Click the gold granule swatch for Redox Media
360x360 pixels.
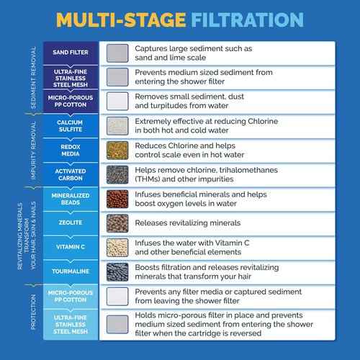point(117,150)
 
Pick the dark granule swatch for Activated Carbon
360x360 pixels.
point(117,174)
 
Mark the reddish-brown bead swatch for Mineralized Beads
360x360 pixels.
point(117,199)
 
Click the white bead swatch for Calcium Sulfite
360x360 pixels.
point(117,126)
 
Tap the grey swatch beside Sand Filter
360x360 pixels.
point(117,53)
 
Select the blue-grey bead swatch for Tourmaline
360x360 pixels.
point(117,271)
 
